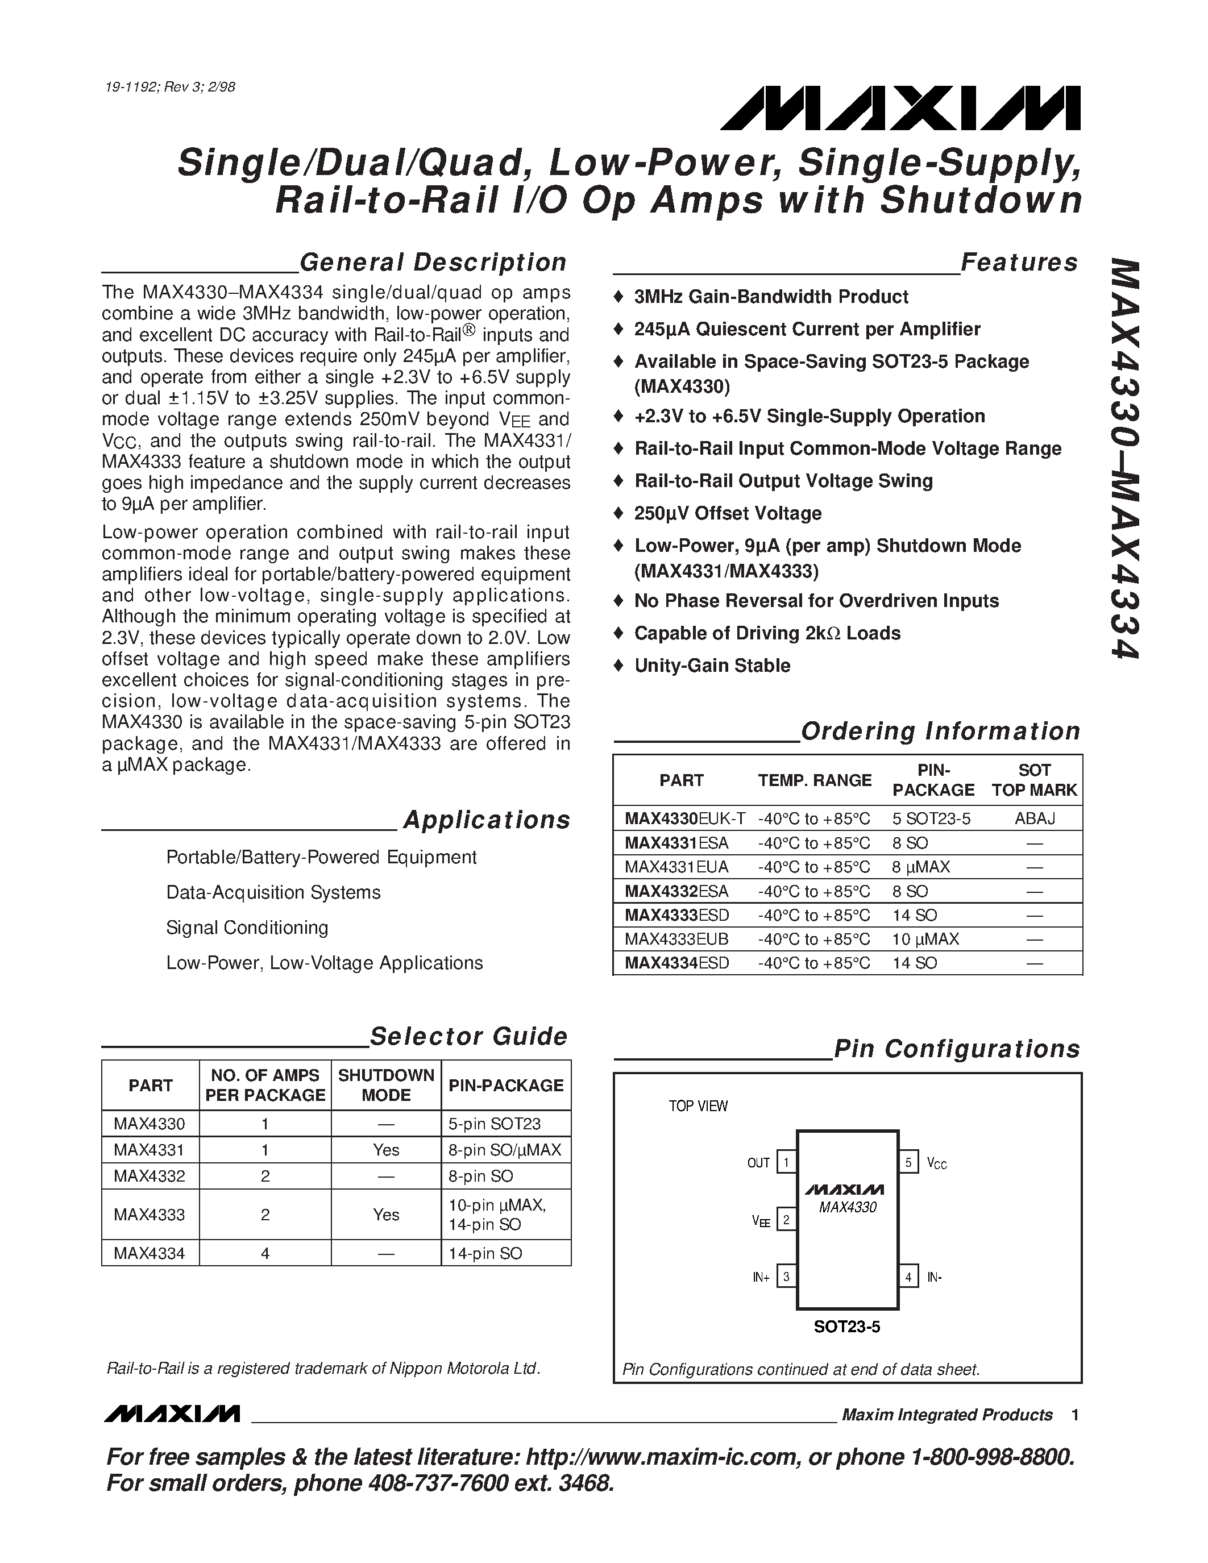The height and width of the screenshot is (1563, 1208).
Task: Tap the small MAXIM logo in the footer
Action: click(x=172, y=1414)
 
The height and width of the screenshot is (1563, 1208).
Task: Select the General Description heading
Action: click(x=433, y=263)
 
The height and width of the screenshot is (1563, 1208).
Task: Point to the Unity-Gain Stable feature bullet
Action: click(x=712, y=666)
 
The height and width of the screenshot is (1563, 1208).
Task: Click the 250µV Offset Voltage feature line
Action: click(x=728, y=513)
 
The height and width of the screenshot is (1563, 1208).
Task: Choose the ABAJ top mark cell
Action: click(x=1035, y=818)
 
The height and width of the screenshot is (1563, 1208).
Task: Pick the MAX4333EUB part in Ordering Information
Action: click(x=676, y=939)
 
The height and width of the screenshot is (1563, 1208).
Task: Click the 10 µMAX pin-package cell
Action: click(x=925, y=939)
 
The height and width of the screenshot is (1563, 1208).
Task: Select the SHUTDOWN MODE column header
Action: click(x=386, y=1085)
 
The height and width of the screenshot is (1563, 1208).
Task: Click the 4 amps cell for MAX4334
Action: click(x=265, y=1253)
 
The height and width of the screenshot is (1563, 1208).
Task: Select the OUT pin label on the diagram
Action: click(x=758, y=1163)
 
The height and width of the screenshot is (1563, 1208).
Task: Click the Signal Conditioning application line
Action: click(x=247, y=928)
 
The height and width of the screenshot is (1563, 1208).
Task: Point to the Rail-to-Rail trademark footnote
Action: click(x=323, y=1369)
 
